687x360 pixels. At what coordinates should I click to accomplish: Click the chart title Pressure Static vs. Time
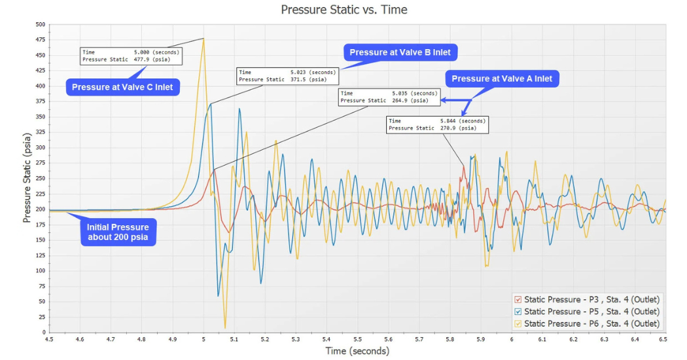coord(343,10)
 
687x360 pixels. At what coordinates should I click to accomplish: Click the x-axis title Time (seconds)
coord(357,351)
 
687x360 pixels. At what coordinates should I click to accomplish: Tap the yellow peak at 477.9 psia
coord(203,39)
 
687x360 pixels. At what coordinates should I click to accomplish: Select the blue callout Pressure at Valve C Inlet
coord(122,87)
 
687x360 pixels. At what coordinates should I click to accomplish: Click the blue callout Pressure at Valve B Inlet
coord(400,52)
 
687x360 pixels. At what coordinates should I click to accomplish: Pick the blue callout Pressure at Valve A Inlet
coord(502,79)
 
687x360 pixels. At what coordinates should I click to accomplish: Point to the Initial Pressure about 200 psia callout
coord(118,232)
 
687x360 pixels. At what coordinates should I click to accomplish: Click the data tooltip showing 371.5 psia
coord(287,76)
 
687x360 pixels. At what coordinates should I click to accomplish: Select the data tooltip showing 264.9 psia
coord(389,97)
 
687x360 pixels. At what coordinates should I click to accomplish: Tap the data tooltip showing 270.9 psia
coord(437,124)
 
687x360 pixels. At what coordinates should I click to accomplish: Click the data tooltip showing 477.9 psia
coord(131,56)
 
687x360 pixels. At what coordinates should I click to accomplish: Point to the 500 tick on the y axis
coord(41,24)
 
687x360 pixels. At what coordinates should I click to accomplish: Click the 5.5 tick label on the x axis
coord(357,340)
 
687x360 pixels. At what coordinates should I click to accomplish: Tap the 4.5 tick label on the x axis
coord(49,340)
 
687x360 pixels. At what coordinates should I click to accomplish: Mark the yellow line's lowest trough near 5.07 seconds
coord(225,328)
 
